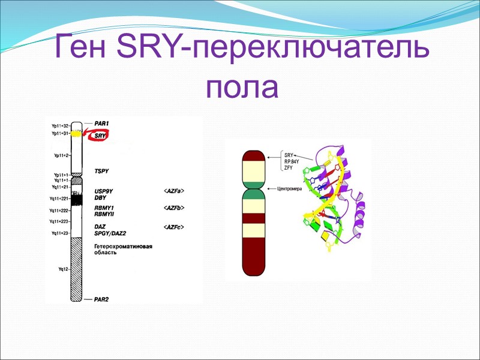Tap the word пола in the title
point(241,88)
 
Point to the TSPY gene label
point(102,171)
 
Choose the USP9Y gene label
point(104,191)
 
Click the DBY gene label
point(100,197)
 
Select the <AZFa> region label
point(173,191)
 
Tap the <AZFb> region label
point(173,208)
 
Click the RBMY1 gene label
point(104,208)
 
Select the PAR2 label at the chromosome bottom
point(100,298)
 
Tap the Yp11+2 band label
point(62,155)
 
